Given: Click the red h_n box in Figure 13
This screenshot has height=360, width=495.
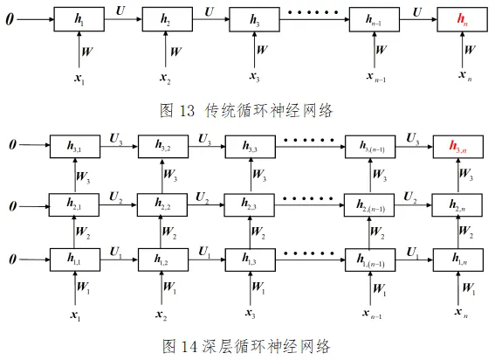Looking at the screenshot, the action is coord(462,19).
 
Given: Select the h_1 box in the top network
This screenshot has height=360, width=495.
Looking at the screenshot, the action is coord(79,19).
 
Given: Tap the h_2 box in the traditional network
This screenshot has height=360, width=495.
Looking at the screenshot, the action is coord(168,19).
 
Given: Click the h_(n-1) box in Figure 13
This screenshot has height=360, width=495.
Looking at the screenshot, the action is coord(375,19).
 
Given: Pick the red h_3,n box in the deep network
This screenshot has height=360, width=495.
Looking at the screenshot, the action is coord(458,147).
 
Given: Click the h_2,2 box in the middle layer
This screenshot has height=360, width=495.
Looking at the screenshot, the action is coord(162,204).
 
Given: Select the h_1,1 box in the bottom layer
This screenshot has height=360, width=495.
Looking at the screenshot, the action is coord(75,260).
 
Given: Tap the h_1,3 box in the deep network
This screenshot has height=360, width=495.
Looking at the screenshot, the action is coord(250,260).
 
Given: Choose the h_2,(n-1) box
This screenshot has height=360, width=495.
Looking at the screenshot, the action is coord(369,204).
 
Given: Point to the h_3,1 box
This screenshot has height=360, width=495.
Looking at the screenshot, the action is coord(75,147).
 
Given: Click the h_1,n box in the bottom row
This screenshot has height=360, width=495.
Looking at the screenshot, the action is coord(458,260).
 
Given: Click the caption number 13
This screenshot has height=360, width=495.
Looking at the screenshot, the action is coord(187,111).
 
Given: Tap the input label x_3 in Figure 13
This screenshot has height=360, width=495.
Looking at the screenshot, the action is coord(255,77).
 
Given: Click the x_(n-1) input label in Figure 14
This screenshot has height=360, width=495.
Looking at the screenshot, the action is coord(372,314).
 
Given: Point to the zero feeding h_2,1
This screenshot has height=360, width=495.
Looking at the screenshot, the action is coord(12,206).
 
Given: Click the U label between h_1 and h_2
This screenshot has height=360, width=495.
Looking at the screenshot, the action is coord(120,10).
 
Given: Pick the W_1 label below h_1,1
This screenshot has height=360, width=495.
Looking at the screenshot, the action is coord(83,287).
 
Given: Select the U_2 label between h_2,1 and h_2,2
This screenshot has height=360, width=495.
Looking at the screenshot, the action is coord(116,197).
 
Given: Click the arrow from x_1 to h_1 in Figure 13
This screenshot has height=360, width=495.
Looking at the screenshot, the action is coord(79,49).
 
